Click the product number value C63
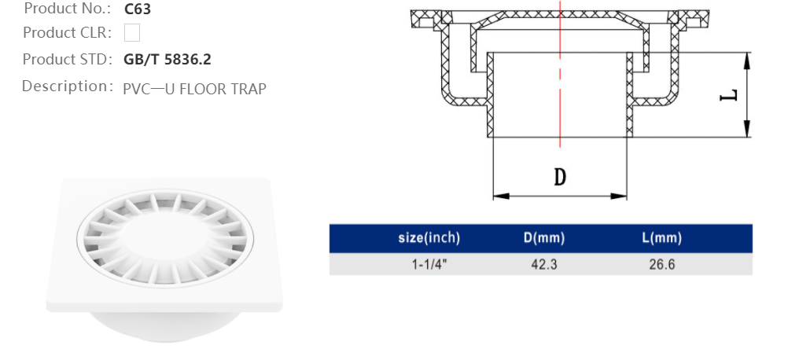(x=138, y=10)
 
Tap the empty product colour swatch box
(x=132, y=33)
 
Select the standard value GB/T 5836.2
(x=168, y=60)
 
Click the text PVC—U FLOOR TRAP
(x=194, y=88)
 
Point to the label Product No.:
(x=68, y=9)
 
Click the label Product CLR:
(x=68, y=33)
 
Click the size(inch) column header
(x=429, y=238)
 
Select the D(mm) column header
(x=543, y=238)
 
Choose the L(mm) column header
(x=661, y=238)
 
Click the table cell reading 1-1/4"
(x=429, y=264)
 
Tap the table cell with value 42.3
(x=543, y=264)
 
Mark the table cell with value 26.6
(x=661, y=264)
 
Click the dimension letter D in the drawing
(x=560, y=176)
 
